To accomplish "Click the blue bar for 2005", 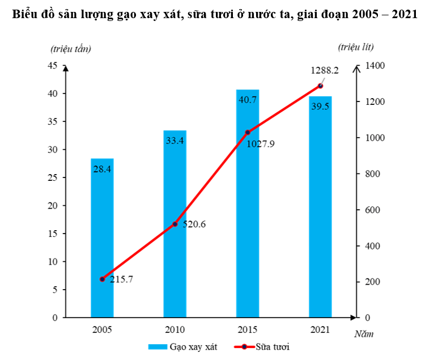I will (x=102, y=238).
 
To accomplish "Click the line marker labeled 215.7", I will (x=102, y=279).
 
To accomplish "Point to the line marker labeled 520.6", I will (x=175, y=224).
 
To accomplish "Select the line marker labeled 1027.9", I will (x=248, y=132).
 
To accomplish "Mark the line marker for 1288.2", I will (x=320, y=86).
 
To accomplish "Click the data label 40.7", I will (x=248, y=100).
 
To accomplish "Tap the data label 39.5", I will (x=320, y=107).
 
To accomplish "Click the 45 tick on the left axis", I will (x=52, y=66).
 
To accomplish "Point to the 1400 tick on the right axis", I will (x=375, y=66).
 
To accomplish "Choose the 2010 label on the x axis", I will (x=175, y=329).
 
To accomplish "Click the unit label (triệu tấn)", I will (x=70, y=48).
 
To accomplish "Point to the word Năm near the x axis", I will (x=364, y=334).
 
